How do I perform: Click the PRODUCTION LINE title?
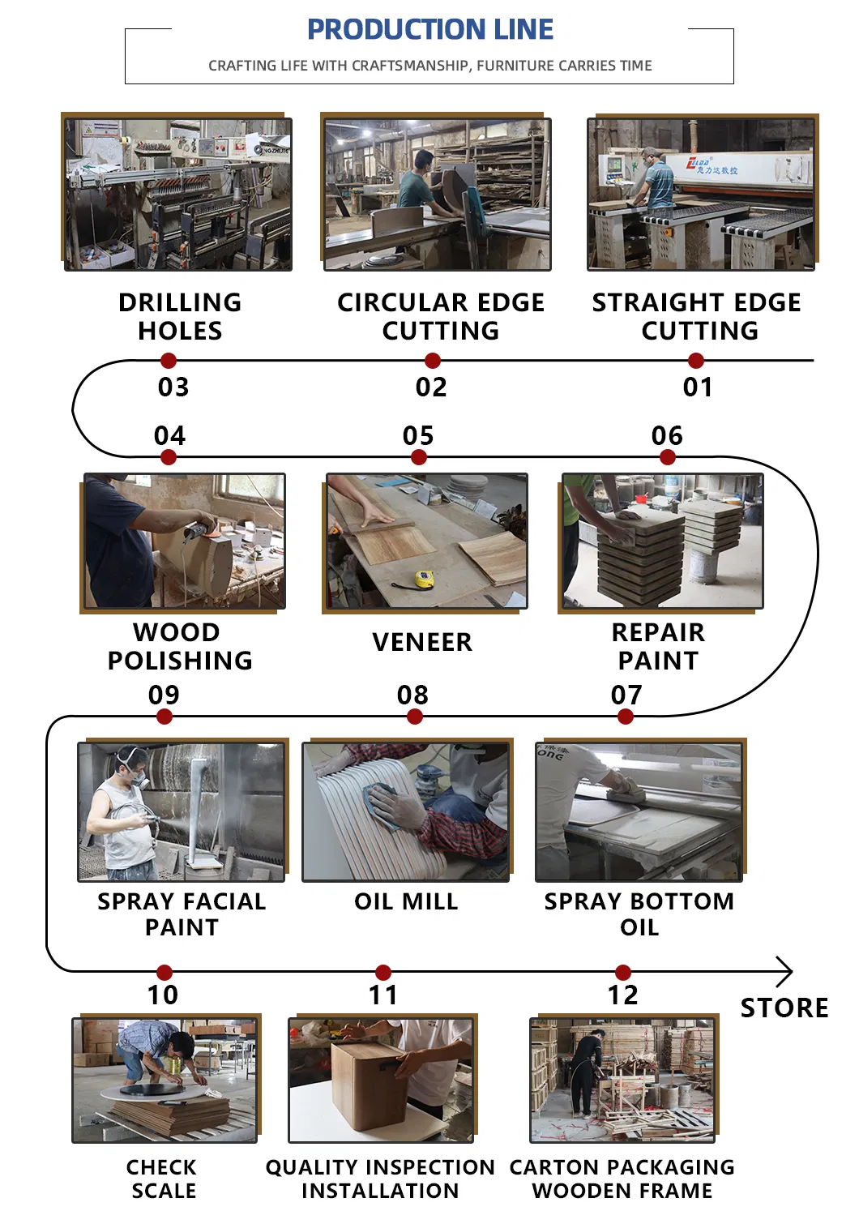tap(429, 30)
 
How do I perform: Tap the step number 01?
tap(698, 387)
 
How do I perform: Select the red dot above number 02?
tap(433, 361)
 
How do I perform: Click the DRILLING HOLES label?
tap(180, 316)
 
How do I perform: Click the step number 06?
tap(667, 436)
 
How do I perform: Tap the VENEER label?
tap(421, 642)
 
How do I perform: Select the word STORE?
tap(784, 1008)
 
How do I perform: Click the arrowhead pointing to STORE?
tap(784, 971)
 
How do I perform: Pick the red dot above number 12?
tap(622, 973)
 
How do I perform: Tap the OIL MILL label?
tap(406, 901)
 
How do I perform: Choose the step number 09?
tap(164, 695)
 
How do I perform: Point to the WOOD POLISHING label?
tap(180, 646)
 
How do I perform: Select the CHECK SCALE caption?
tap(162, 1179)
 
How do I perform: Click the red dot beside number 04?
tap(169, 458)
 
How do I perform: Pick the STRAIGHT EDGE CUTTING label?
tap(697, 316)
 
